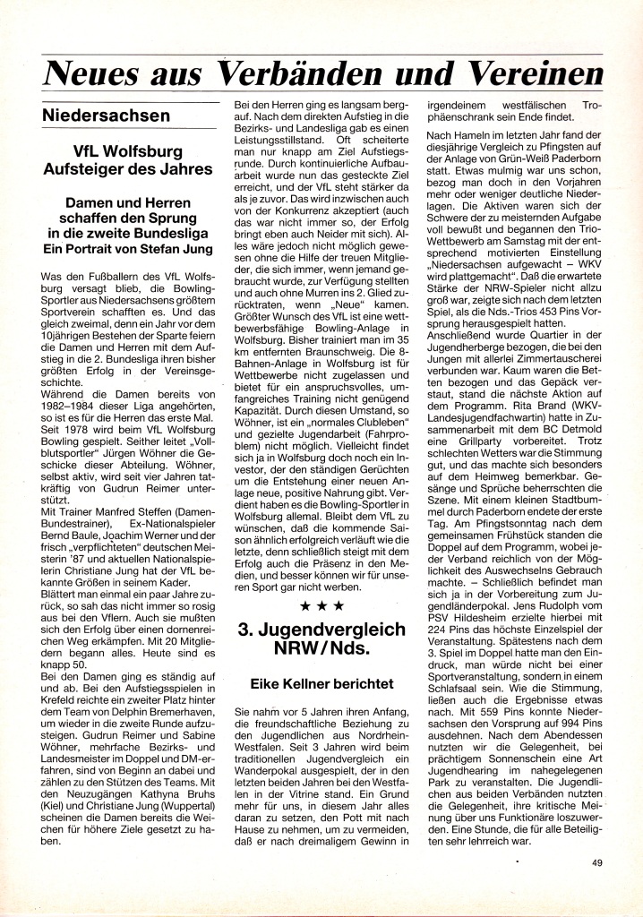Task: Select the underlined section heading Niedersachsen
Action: (x=106, y=116)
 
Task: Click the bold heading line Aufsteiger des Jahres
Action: (x=131, y=168)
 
